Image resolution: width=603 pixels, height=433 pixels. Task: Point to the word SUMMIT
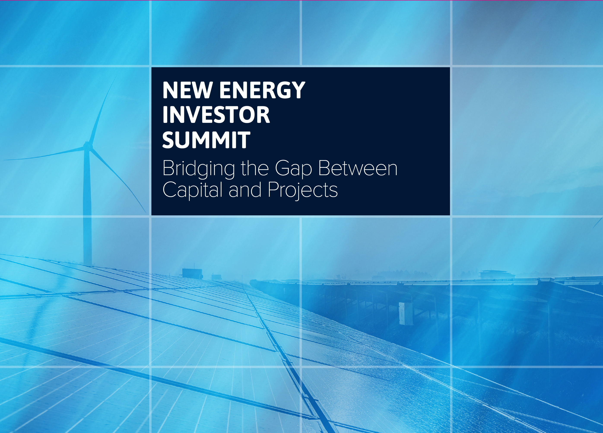click(206, 140)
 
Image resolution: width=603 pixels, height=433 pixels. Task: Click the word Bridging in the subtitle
click(199, 169)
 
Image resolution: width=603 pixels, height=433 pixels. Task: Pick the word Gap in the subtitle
click(293, 169)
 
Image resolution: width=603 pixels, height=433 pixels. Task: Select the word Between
click(358, 168)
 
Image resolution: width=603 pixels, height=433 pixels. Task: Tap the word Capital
click(192, 190)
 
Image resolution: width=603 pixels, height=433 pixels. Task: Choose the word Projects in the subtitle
click(303, 190)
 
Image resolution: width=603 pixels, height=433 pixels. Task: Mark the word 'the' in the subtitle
click(255, 168)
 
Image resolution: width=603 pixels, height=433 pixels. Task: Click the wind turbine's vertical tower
click(87, 207)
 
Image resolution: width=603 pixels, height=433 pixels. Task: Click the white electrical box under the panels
click(405, 313)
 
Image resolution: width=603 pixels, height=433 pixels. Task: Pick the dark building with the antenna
click(192, 273)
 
